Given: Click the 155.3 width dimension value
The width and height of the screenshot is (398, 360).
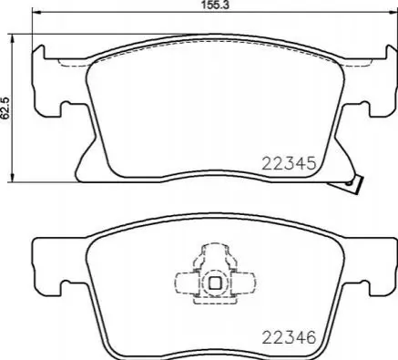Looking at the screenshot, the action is click(x=215, y=5).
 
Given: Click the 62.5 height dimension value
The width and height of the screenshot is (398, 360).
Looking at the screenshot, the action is click(x=6, y=108).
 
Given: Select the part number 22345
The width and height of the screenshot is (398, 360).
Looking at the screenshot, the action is click(x=289, y=164).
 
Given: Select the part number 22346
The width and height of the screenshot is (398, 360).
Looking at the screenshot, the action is click(x=289, y=337).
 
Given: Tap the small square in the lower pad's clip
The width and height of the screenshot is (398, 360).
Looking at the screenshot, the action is click(x=215, y=283).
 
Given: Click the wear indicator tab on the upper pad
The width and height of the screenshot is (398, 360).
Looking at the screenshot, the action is click(x=354, y=185).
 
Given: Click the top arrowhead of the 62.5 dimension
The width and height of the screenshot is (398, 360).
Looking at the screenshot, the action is click(x=13, y=38).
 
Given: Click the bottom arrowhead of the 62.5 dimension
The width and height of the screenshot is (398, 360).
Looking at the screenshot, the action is click(x=13, y=178).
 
